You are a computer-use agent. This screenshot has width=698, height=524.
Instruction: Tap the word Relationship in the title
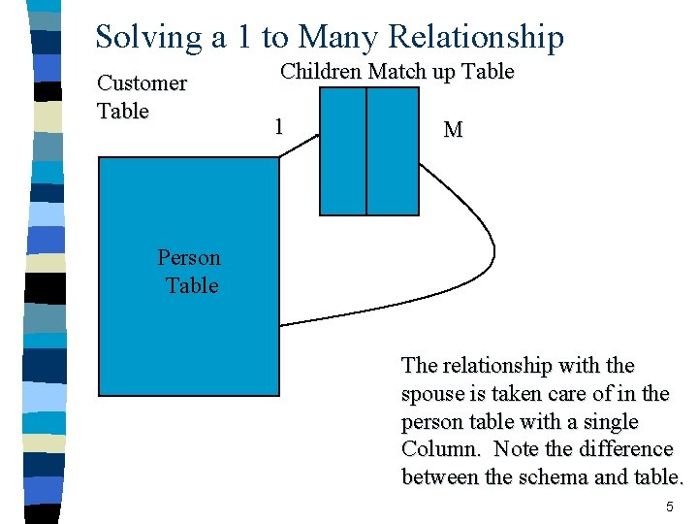click(475, 37)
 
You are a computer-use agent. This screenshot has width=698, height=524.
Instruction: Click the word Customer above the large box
click(142, 83)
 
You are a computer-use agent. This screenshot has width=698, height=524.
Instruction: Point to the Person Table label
click(189, 272)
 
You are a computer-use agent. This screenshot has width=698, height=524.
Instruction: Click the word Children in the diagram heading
click(321, 72)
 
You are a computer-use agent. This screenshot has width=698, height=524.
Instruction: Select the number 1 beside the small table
click(279, 127)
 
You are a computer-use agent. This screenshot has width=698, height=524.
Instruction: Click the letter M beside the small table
click(452, 129)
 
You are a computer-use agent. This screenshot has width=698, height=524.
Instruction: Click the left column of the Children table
click(343, 150)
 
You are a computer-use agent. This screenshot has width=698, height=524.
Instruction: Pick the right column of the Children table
click(393, 150)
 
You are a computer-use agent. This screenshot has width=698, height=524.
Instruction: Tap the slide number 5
click(669, 508)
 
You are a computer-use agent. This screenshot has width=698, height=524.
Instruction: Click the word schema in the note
click(554, 477)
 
